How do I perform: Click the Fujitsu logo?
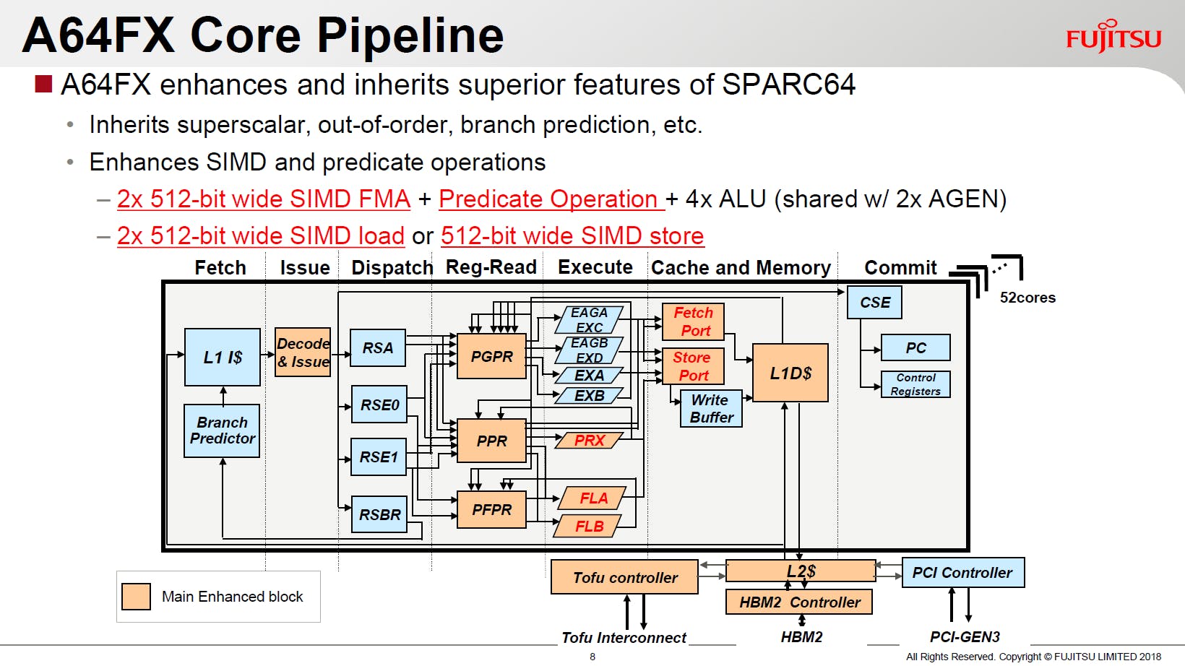(x=1113, y=37)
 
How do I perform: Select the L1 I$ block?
(x=223, y=358)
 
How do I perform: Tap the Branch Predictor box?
(x=222, y=431)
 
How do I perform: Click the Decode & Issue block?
(x=303, y=353)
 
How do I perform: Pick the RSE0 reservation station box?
(x=379, y=405)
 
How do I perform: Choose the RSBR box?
(x=379, y=514)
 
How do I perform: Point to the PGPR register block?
(x=491, y=356)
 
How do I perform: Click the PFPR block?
(x=491, y=509)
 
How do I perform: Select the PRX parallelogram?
(x=589, y=441)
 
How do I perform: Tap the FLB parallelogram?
(x=588, y=527)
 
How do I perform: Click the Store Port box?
(x=693, y=366)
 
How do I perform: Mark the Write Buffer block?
(x=711, y=409)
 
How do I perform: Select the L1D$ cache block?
(x=790, y=373)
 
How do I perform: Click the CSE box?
(x=874, y=303)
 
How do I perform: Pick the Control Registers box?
(x=915, y=384)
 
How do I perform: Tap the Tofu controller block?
(x=624, y=577)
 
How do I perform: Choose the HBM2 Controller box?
(x=799, y=602)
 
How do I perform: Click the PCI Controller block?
(x=962, y=573)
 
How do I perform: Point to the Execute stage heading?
(x=595, y=267)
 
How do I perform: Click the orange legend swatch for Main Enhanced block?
(x=136, y=597)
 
